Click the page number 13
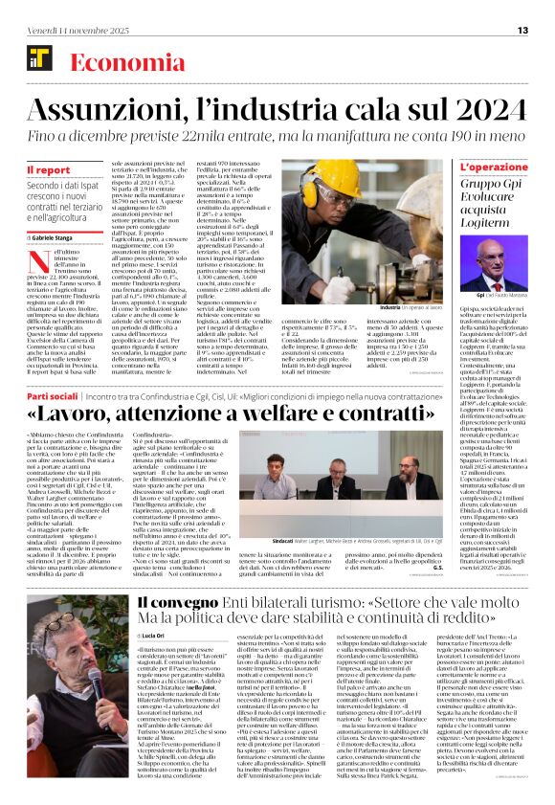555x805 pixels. point(523,31)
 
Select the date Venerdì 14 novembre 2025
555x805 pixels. point(71,31)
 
